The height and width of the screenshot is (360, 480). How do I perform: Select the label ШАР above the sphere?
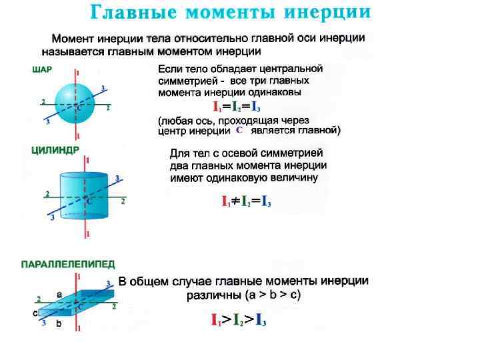[41, 68]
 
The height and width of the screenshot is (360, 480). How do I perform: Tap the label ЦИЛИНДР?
[55, 151]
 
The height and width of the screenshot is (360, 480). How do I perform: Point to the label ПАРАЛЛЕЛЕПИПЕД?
[68, 265]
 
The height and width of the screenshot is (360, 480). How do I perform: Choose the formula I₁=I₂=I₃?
[236, 106]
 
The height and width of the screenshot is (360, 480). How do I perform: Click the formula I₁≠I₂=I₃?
[246, 201]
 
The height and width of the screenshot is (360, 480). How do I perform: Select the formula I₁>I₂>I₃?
[239, 320]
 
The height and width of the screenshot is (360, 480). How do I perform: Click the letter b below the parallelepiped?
[59, 324]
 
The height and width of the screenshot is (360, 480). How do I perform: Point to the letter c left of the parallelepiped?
[35, 312]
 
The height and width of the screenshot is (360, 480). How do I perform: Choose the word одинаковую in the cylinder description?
[237, 178]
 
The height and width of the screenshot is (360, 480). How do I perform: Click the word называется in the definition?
[71, 51]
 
